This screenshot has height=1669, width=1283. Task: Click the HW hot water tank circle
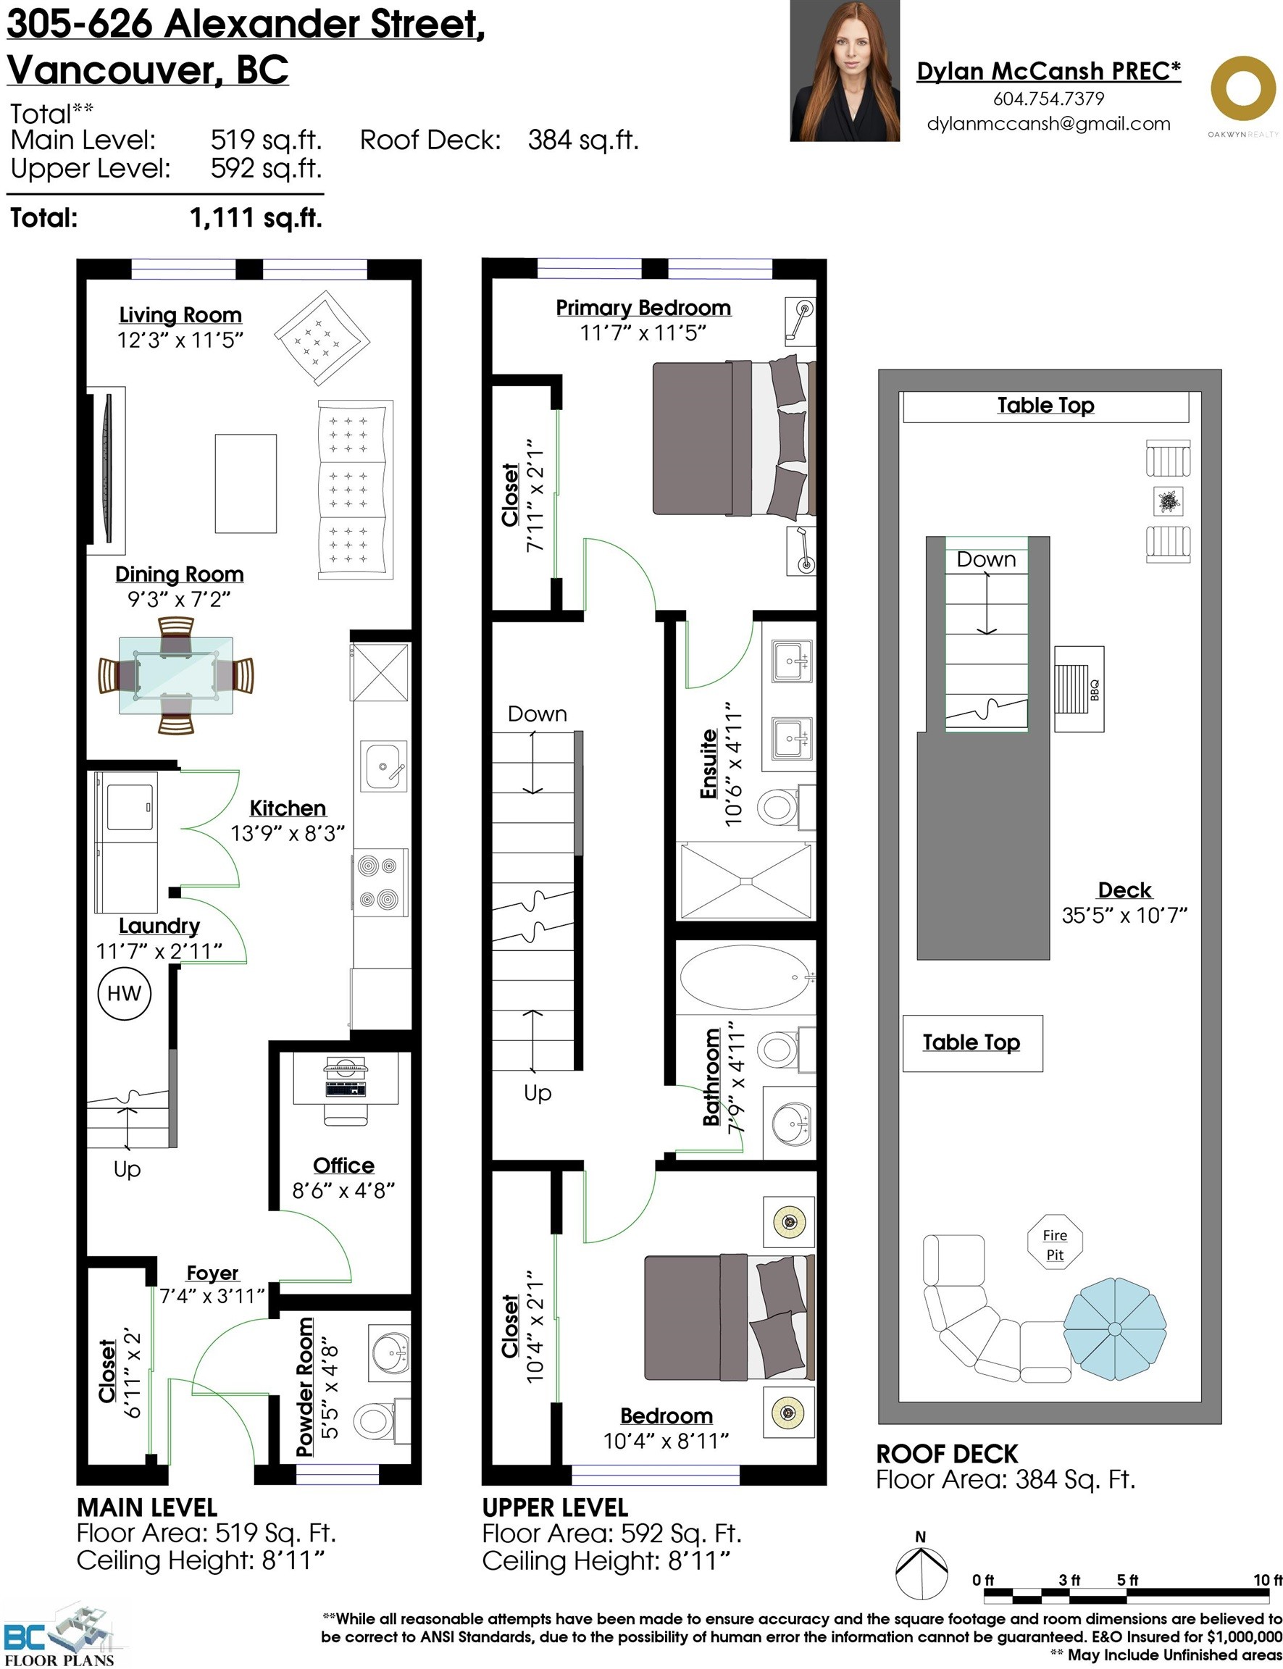[x=125, y=993]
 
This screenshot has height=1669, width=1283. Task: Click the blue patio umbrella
[x=1114, y=1329]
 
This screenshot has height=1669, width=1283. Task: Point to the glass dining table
[x=175, y=676]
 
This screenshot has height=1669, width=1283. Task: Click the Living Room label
[x=180, y=315]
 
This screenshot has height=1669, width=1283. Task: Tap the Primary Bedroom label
[x=643, y=308]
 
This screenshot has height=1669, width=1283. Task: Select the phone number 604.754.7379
[x=1048, y=99]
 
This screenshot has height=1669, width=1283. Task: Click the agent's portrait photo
[x=845, y=71]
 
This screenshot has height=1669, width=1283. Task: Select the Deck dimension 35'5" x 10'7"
[x=1124, y=915]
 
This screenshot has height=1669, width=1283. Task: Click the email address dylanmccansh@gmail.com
[x=1048, y=125]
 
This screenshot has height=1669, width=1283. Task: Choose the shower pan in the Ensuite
[x=746, y=880]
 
